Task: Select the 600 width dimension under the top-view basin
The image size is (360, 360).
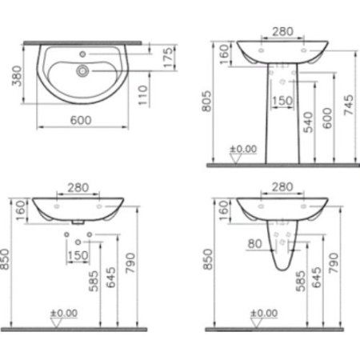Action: pyautogui.click(x=79, y=119)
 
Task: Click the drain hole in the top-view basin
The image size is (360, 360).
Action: pyautogui.click(x=82, y=70)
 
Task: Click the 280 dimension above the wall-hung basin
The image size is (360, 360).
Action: pyautogui.click(x=78, y=187)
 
